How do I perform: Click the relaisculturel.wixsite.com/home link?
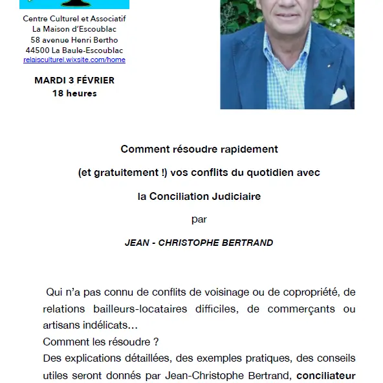74,60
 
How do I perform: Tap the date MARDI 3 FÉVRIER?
74,81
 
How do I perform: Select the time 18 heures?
74,93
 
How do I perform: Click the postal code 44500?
38,50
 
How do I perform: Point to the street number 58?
36,39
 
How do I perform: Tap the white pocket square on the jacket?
338,96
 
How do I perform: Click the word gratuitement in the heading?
123,173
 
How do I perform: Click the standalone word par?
199,219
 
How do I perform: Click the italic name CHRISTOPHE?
182,243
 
